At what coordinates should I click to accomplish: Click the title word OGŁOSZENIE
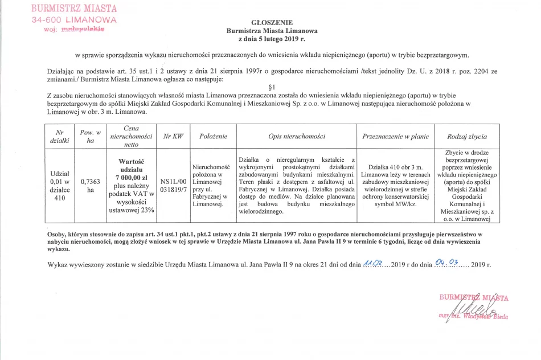point(272,22)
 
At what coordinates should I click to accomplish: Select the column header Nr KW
point(173,137)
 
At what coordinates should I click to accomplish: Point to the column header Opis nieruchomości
point(296,137)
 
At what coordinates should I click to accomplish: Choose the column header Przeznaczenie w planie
point(395,137)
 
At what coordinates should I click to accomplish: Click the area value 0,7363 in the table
point(91,182)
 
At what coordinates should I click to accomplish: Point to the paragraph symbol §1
point(271,86)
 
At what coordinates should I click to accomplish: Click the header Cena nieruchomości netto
point(130,137)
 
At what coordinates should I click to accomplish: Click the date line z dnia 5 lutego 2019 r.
point(272,39)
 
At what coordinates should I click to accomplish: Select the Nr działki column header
point(59,137)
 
